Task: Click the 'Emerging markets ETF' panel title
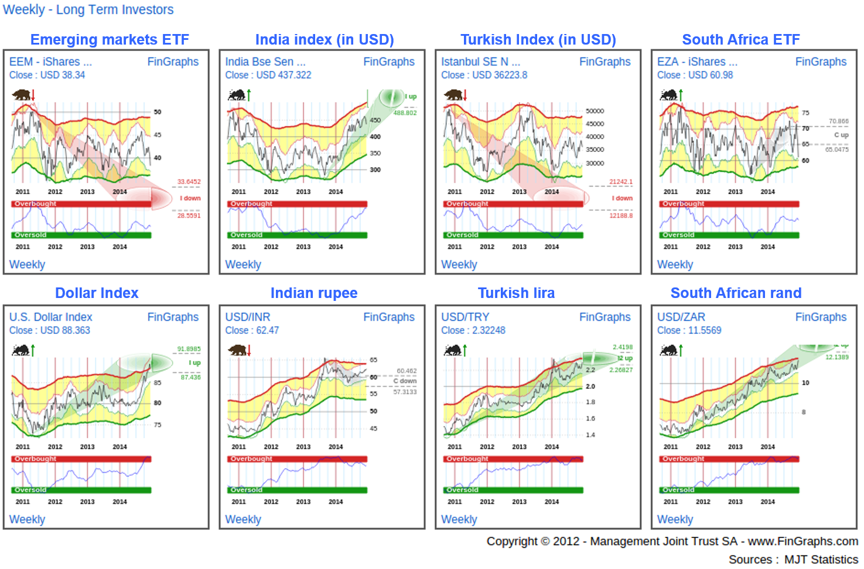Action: click(x=110, y=39)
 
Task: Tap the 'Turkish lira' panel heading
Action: click(x=516, y=293)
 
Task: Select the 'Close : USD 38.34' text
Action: click(x=47, y=75)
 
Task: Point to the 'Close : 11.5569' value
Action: click(x=689, y=330)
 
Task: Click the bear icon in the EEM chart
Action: click(x=22, y=94)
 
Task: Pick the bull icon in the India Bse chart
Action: click(x=237, y=94)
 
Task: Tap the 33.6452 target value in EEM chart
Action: click(x=189, y=182)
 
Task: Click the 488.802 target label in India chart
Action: click(x=405, y=113)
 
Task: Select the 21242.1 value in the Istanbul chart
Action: click(x=621, y=182)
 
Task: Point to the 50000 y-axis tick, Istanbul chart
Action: click(x=595, y=111)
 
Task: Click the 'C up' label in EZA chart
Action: click(x=841, y=135)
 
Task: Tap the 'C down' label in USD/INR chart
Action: click(x=405, y=381)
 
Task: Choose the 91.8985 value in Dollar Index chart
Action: click(x=189, y=349)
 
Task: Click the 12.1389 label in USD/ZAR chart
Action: click(x=836, y=357)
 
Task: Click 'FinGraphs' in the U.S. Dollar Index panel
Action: click(x=173, y=317)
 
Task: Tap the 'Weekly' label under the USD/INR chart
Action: click(x=243, y=519)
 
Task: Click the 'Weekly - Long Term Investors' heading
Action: click(x=88, y=9)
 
